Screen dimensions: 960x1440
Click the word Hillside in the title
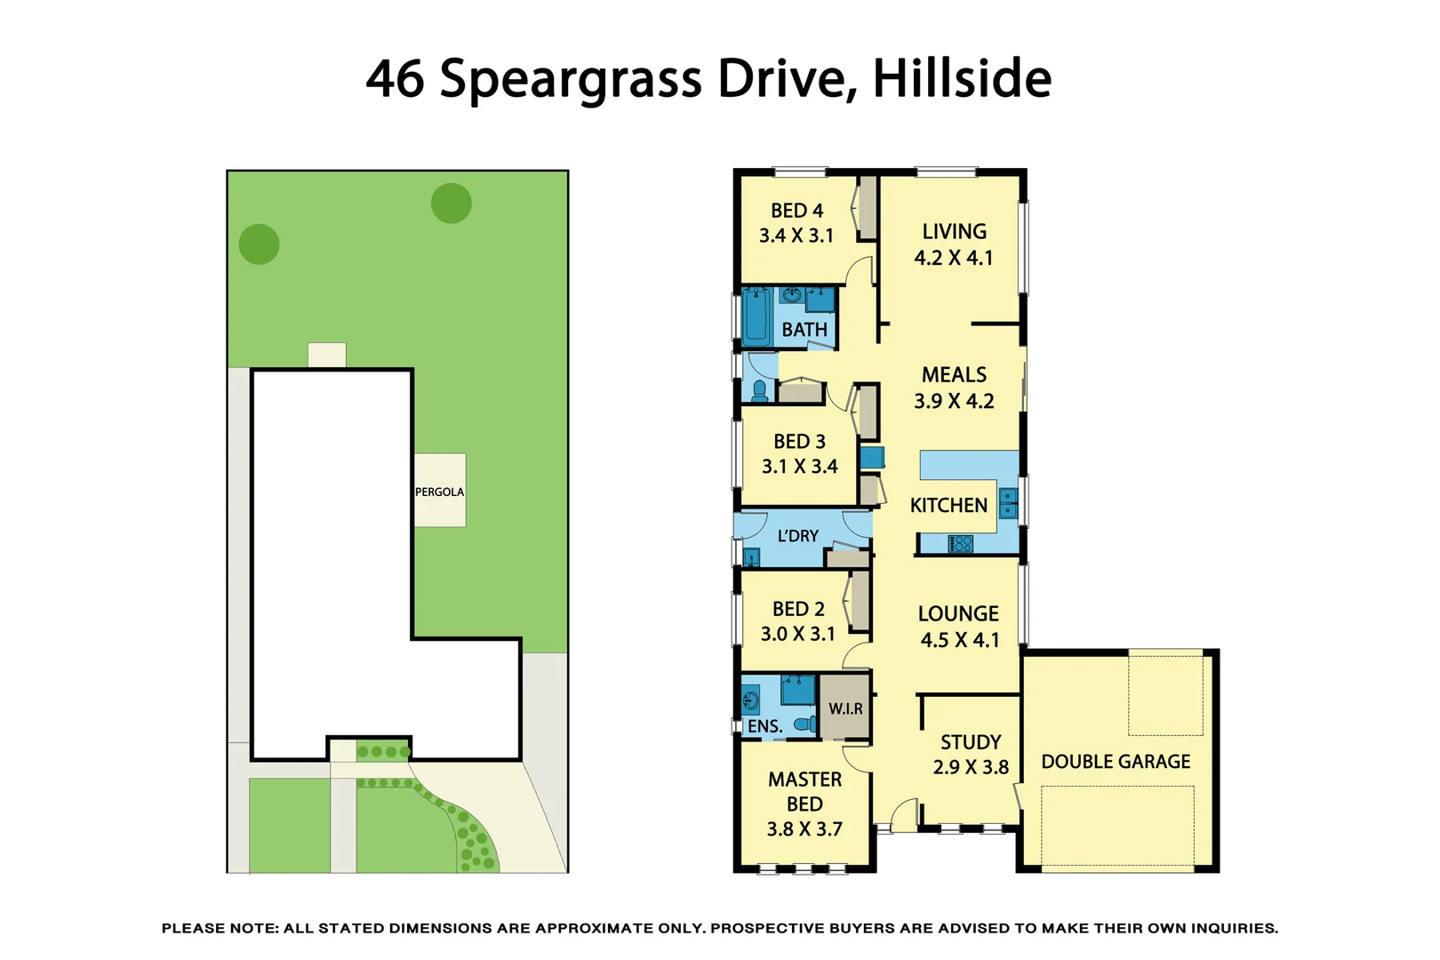(962, 78)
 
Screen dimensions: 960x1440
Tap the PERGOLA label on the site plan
(439, 492)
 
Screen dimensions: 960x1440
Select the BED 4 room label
(796, 211)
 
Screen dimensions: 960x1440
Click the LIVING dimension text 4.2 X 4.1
(953, 258)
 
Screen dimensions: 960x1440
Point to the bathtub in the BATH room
(756, 316)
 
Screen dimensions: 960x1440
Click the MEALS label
(954, 374)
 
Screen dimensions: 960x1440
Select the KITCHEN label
(948, 505)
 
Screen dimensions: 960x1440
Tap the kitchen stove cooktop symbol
(961, 543)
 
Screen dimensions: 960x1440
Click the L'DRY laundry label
(797, 536)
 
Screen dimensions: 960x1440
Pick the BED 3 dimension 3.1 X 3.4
(799, 466)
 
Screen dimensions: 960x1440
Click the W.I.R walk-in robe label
(845, 708)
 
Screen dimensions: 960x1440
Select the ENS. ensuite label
(764, 726)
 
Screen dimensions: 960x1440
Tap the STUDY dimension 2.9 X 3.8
(971, 767)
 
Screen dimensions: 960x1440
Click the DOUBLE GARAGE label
(1116, 762)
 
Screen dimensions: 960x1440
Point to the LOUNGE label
(958, 613)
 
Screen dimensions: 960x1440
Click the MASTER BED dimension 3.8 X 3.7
(804, 828)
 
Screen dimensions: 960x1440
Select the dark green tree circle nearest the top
(451, 204)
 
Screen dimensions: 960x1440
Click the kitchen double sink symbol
(1008, 503)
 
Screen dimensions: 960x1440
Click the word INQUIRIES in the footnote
(1234, 928)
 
